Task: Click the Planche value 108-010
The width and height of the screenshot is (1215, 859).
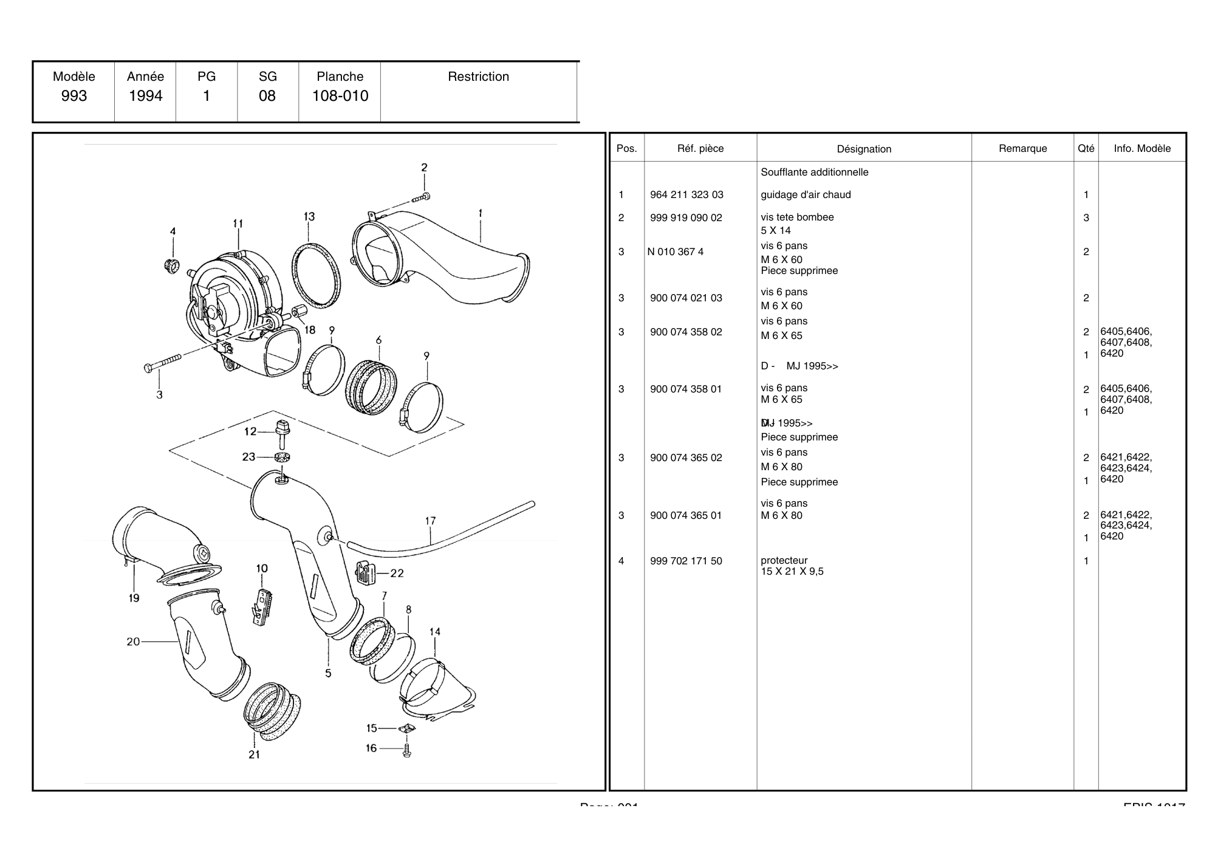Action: [340, 96]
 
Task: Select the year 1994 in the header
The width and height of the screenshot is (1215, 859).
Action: [145, 96]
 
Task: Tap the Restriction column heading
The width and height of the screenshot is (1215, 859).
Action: [478, 77]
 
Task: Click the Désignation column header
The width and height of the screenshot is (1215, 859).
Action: [864, 149]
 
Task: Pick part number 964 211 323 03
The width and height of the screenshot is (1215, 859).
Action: [686, 195]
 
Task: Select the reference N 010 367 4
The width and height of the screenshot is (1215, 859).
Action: [676, 252]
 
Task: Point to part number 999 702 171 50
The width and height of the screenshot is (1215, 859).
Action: [686, 561]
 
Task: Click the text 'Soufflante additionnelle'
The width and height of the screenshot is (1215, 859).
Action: [814, 173]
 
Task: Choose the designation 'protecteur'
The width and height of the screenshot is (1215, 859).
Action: [784, 561]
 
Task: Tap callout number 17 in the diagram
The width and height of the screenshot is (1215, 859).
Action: [430, 521]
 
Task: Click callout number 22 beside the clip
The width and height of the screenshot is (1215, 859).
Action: [397, 573]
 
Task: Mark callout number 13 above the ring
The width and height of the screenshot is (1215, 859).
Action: [309, 217]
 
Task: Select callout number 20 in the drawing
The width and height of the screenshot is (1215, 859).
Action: [133, 642]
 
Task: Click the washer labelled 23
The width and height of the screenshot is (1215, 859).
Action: [282, 457]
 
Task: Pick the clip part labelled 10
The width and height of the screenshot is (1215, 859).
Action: [263, 605]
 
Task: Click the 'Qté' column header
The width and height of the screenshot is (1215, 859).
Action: [1086, 149]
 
